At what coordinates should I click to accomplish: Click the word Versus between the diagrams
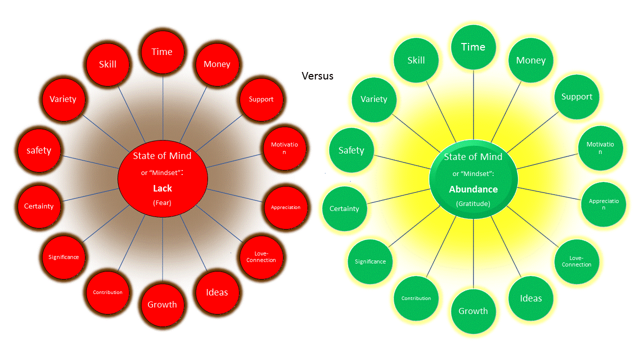pos(317,76)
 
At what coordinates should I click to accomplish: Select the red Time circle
pos(162,52)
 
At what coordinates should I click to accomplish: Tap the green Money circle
pos(530,60)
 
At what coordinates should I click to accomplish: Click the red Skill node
pos(107,64)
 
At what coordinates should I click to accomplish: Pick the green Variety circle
pos(374,99)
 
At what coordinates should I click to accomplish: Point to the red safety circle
pos(39,150)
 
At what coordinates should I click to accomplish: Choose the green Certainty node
pos(344,208)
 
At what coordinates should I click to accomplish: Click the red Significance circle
pos(63,257)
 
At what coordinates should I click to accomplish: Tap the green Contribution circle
pos(416,298)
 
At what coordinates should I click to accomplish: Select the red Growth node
pos(162,304)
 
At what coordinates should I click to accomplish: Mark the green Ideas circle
pos(530,298)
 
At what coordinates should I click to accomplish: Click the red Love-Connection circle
pos(261,257)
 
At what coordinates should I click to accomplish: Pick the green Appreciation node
pos(603,204)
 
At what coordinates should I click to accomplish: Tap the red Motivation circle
pos(284,148)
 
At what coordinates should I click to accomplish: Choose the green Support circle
pos(576,97)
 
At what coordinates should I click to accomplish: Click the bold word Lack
pos(162,188)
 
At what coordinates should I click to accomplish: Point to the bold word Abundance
pos(473,189)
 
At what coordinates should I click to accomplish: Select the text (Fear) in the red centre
pos(162,203)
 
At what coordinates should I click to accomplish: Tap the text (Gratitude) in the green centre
pos(473,204)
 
